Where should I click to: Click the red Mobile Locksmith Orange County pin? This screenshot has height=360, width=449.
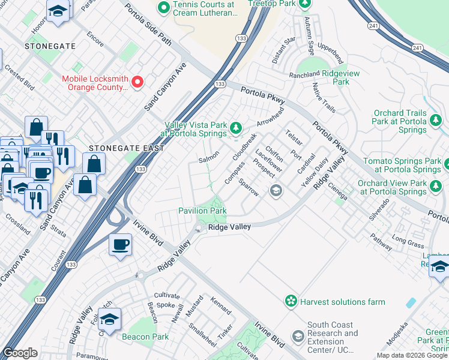pos(137,82)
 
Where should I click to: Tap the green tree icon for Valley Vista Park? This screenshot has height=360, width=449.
pos(236,127)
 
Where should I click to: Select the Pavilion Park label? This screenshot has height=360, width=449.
pos(202,211)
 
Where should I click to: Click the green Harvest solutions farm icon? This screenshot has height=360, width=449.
pos(291,300)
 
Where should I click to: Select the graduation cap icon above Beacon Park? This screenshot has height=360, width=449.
pos(109,319)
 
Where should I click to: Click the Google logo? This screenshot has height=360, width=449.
pos(20,353)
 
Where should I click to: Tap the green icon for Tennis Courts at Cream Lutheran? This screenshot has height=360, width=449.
pos(163,8)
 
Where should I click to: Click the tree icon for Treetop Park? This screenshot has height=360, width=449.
pos(305,4)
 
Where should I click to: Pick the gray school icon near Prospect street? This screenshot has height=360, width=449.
pos(276,191)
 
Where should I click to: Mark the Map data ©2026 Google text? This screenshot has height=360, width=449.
pos(411,355)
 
